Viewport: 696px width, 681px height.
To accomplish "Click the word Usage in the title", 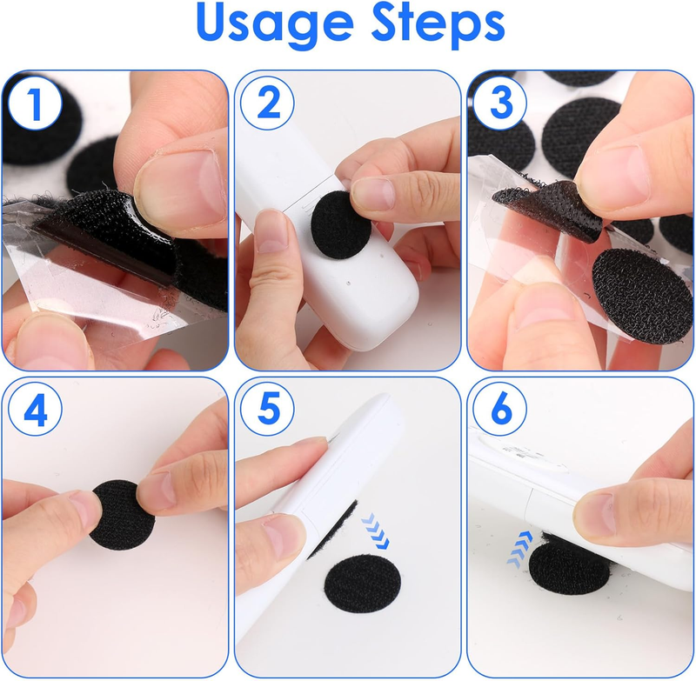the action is point(275,23).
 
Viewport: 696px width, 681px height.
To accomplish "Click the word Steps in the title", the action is point(438,23).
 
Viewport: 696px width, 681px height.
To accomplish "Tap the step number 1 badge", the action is point(36,103).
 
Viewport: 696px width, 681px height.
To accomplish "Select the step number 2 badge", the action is point(267,103).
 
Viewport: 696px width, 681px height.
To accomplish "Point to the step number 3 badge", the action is point(499,103).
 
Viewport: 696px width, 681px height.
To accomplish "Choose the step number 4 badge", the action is point(36,410).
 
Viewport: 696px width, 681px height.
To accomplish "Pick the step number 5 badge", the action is point(267,410).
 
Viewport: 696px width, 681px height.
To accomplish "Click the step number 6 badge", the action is point(499,410).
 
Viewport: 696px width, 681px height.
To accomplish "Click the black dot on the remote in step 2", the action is point(341,225).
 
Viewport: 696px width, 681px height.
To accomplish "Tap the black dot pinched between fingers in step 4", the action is point(123,515).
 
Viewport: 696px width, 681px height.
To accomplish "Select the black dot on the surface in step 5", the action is point(363,584).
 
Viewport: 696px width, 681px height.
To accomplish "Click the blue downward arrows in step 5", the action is point(375,531).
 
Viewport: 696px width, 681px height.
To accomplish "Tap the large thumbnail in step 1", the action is point(179,188).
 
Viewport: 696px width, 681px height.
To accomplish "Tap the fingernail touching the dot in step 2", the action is point(372,193).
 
